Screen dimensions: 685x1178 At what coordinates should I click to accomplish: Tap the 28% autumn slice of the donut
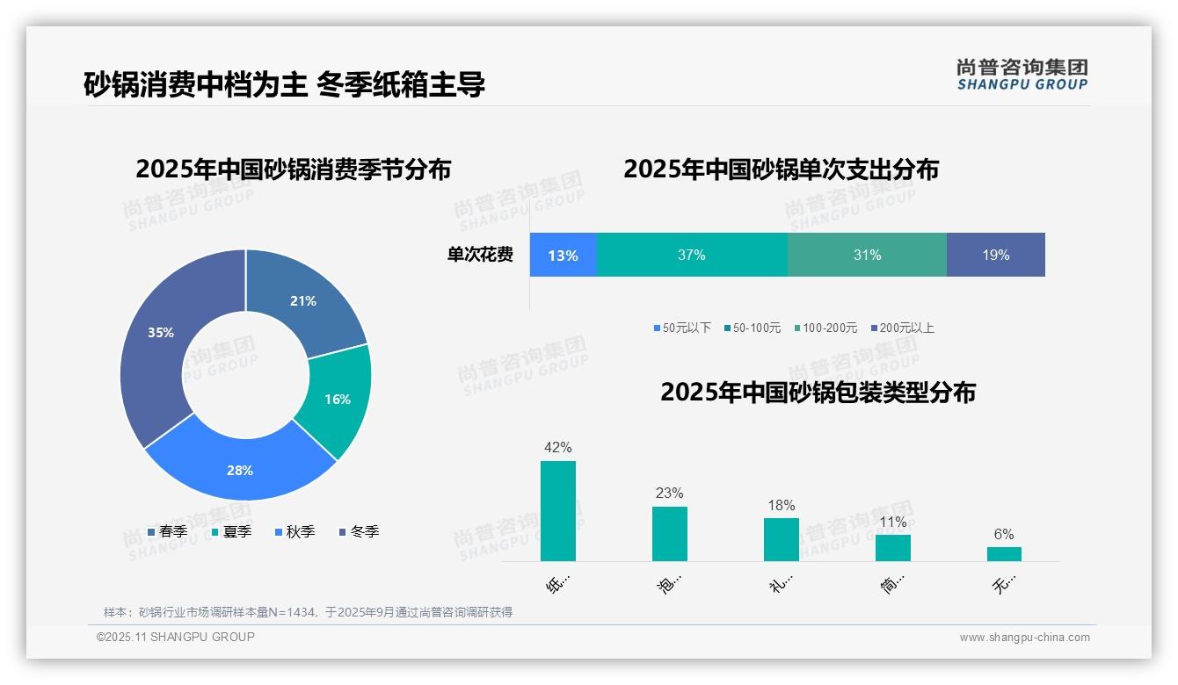coord(240,465)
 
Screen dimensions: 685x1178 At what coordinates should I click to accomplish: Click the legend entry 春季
coord(167,531)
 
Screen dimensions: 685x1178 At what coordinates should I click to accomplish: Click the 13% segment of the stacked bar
coord(564,256)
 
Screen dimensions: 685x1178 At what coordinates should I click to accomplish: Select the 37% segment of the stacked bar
coord(692,256)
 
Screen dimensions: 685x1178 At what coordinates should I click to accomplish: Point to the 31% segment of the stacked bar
coord(867,256)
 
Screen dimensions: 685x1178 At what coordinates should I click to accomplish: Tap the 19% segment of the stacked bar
coord(996,256)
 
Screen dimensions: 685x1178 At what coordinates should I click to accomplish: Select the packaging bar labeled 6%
coord(1004,554)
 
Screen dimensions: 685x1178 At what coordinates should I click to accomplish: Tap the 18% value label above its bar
coord(781,506)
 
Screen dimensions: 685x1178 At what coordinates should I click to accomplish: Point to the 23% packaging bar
coord(670,534)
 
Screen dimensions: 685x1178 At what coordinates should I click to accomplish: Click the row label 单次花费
coord(480,256)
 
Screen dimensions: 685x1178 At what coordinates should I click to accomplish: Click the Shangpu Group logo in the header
coord(1022,75)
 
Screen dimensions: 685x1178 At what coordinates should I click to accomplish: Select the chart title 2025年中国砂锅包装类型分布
coord(818,393)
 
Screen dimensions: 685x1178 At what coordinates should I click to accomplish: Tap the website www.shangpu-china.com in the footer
coord(1024,638)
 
